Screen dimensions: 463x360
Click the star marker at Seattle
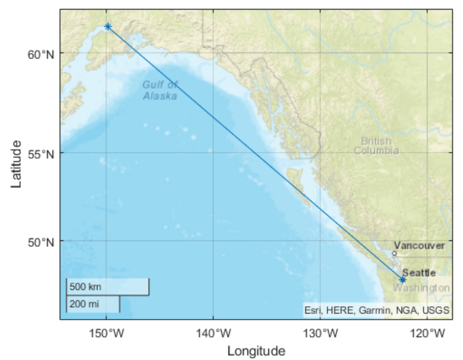coord(403,280)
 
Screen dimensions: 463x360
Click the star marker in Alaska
coord(108,27)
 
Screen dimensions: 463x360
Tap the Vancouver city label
coord(419,246)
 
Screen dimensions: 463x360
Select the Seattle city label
coord(419,273)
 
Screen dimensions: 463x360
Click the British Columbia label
coord(376,146)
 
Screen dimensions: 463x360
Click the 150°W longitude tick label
coord(106,332)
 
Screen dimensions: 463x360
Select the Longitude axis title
coord(256,351)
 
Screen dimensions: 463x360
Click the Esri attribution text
coord(377,311)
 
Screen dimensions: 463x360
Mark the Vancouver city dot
coord(394,253)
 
